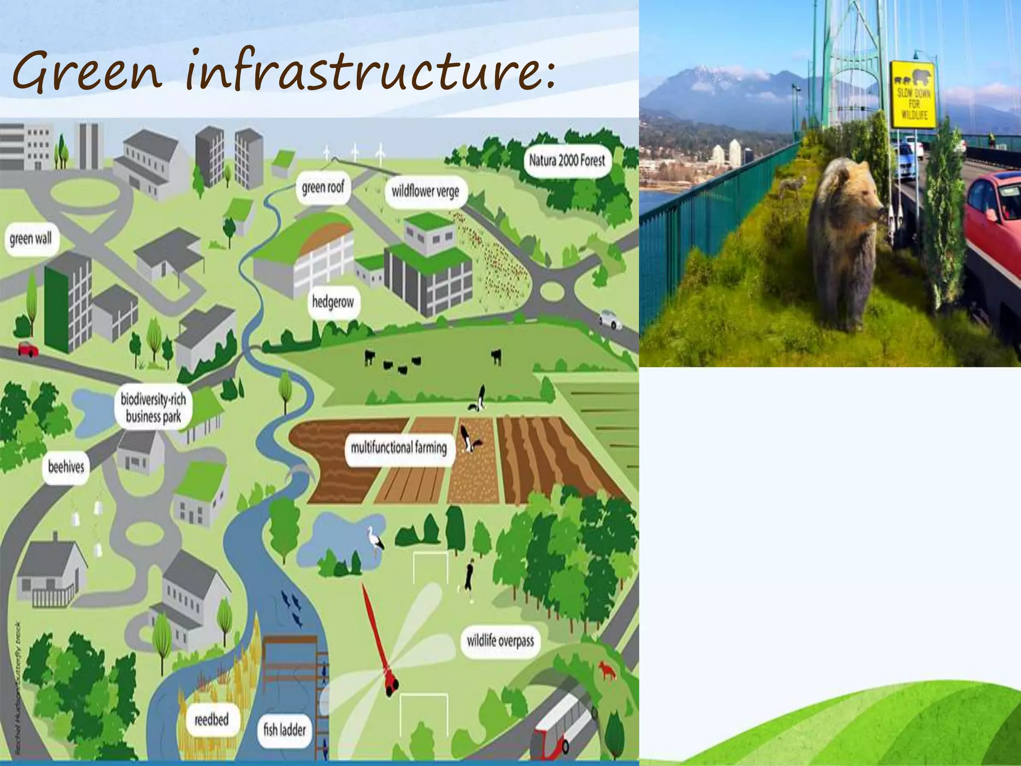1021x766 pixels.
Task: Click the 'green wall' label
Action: coord(31,239)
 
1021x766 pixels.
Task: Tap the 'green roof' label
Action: coord(323,188)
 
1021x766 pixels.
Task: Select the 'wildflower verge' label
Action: coord(425,191)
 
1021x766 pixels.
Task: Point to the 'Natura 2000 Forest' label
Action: coord(567,161)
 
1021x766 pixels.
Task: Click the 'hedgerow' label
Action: coord(333,302)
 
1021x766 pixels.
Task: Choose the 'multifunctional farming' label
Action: coord(399,447)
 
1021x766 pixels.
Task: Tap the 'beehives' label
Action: coord(66,467)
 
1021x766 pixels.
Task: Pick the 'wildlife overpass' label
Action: coord(500,641)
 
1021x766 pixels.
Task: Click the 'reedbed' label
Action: coord(211,720)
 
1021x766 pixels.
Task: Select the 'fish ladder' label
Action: coord(285,730)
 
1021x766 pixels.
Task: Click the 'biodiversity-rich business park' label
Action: coord(153,407)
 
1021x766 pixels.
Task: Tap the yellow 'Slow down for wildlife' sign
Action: coord(913,95)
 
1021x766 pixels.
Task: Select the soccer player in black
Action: coord(469,579)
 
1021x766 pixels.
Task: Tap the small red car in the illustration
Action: coord(28,349)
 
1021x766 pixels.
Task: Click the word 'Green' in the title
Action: coord(88,72)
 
